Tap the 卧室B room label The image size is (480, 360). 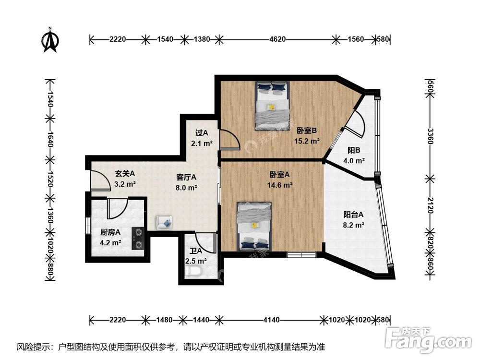306,131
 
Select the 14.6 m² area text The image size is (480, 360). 280,185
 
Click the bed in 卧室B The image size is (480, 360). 273,105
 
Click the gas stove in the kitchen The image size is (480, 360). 139,238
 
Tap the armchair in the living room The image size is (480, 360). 163,222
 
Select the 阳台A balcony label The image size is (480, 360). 353,215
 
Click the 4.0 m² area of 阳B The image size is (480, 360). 354,161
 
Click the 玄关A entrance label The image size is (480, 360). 125,173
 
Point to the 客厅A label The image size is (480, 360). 186,177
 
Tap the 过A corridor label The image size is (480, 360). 202,133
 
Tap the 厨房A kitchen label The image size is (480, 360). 110,232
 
